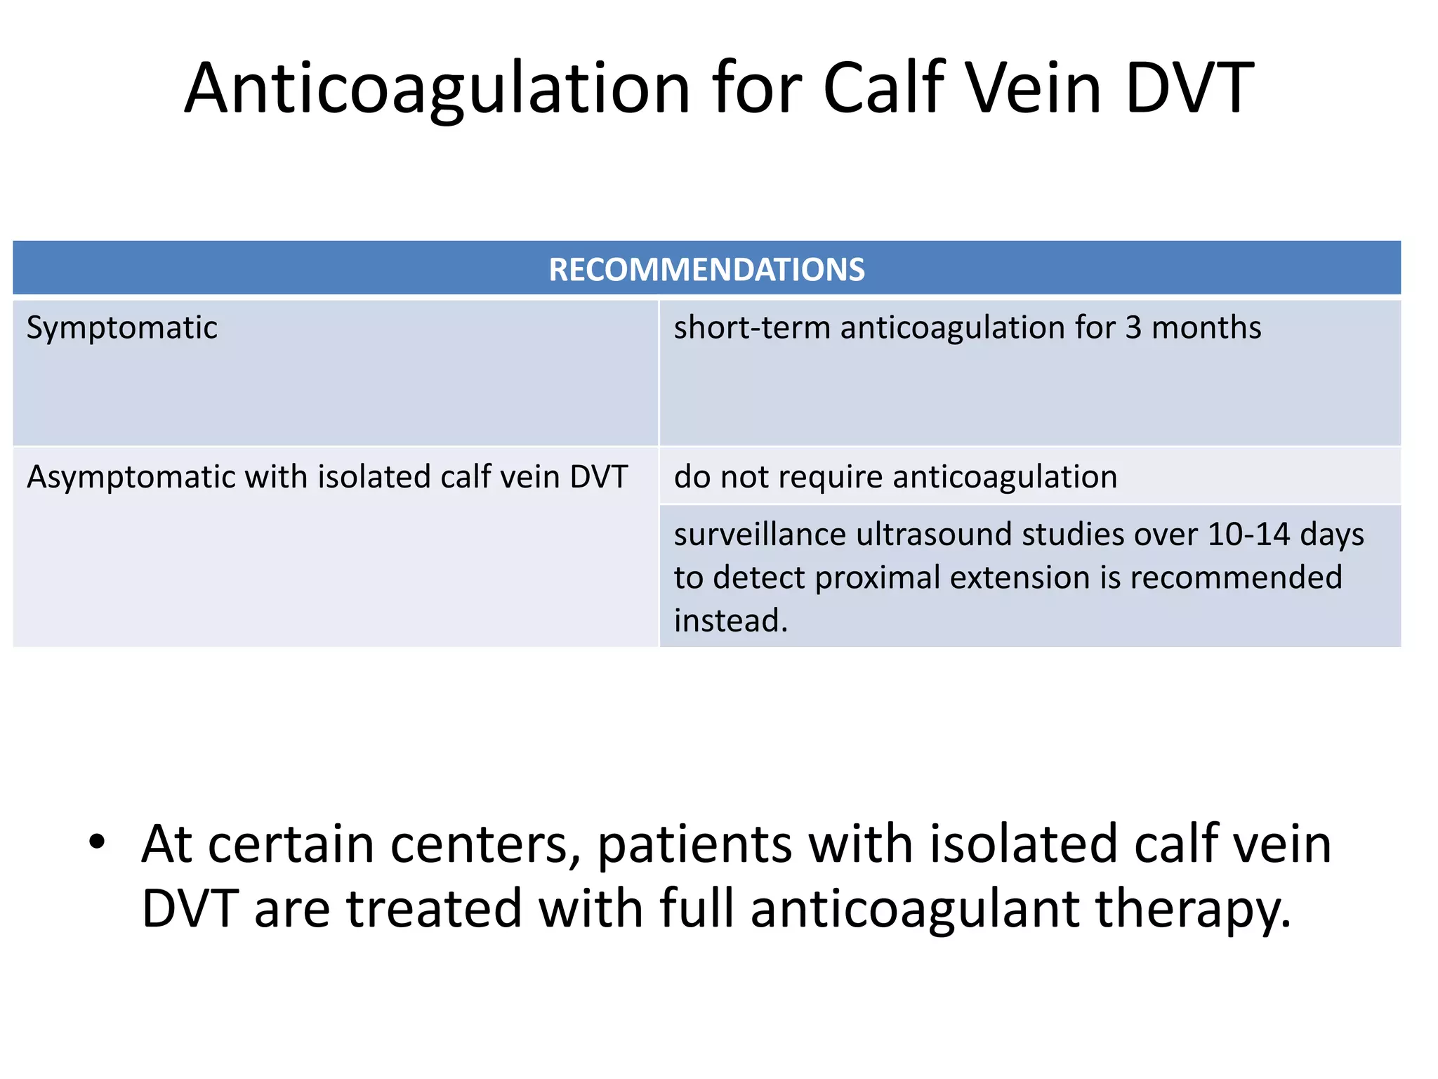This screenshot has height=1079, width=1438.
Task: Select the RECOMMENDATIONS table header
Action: pyautogui.click(x=706, y=270)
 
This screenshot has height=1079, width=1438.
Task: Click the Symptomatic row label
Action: pyautogui.click(x=121, y=328)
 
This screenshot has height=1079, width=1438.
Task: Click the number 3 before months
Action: pyautogui.click(x=1133, y=328)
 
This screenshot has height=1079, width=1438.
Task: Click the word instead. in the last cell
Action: pyautogui.click(x=731, y=621)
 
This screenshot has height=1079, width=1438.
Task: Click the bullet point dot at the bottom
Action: pyautogui.click(x=97, y=842)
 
